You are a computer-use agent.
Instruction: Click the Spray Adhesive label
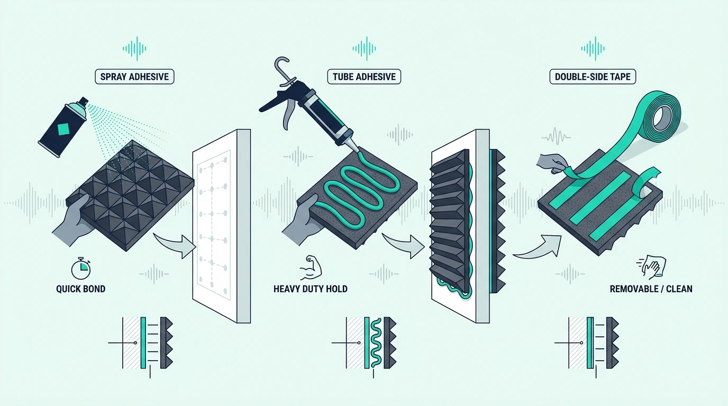134,77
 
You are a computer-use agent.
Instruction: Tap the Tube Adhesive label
364,77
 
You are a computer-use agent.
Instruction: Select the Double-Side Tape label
593,77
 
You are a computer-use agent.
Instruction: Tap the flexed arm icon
311,267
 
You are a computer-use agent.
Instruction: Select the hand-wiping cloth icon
651,267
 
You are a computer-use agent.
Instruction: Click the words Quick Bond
80,289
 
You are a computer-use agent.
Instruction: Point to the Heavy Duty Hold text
311,289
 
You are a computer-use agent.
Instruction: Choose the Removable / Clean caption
651,289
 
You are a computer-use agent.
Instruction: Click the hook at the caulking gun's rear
282,70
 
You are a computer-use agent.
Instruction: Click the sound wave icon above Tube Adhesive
364,49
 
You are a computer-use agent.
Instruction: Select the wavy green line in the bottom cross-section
376,343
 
